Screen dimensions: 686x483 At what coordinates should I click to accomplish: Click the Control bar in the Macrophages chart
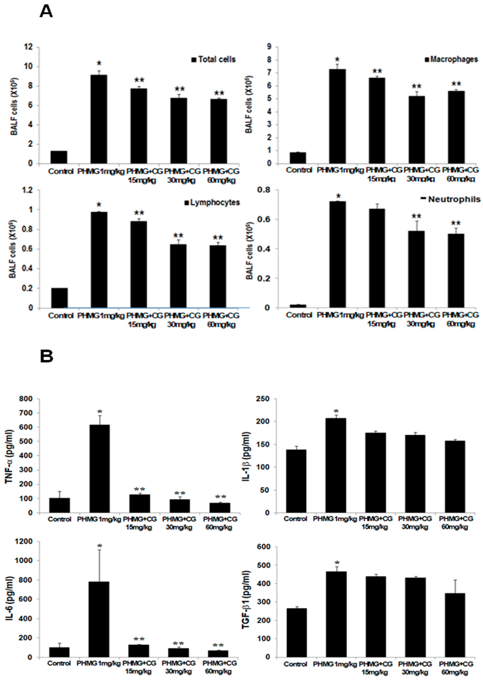coord(297,158)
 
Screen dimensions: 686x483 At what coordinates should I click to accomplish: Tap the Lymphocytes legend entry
coord(212,203)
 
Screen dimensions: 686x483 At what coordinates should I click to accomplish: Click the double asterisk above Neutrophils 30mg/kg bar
coord(416,216)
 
